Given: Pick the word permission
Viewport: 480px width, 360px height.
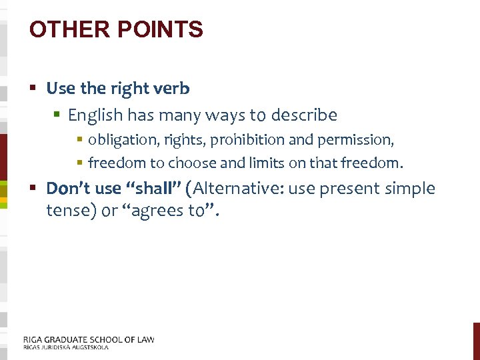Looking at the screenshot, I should point(360,141).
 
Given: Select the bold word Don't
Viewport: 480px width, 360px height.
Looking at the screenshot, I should point(65,189).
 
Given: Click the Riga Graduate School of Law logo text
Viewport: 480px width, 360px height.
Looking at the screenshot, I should point(89,341).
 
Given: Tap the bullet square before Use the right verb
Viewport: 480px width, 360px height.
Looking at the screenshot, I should point(33,88).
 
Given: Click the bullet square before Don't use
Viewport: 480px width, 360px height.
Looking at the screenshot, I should point(33,189).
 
